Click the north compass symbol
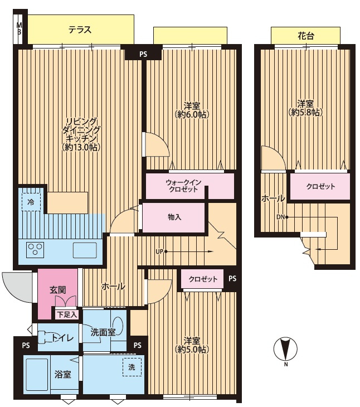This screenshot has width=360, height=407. point(285,350)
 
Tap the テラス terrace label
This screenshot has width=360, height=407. point(80,30)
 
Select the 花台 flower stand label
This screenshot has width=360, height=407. point(306,36)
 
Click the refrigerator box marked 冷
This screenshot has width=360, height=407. point(31,202)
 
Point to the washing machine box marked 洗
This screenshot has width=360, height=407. point(132,367)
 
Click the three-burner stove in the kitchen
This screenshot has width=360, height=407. point(35,250)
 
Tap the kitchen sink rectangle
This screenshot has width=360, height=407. point(85,250)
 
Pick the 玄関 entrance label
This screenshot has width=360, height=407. point(57,290)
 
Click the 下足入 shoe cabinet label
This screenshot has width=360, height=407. point(67,314)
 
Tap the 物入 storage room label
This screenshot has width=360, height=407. point(174,217)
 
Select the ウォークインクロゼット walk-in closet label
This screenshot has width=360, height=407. point(183,186)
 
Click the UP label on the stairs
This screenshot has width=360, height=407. point(159,251)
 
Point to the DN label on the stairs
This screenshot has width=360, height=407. point(280,217)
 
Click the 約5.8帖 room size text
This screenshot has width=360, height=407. point(305,113)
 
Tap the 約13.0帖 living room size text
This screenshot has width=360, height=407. point(81,147)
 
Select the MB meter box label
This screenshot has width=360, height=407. point(20,29)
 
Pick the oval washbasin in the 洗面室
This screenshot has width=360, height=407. point(118,326)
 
